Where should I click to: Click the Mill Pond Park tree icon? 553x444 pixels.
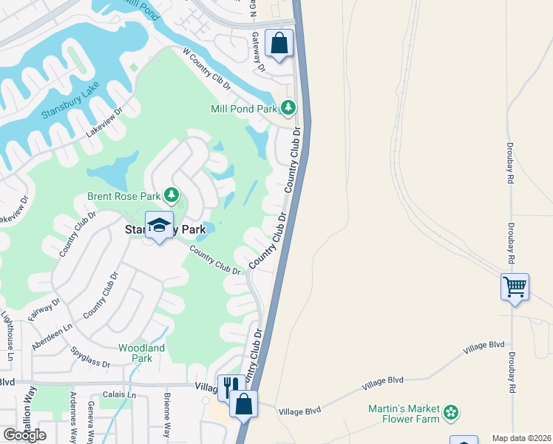[x=288, y=109]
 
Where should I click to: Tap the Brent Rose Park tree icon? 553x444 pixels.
[x=172, y=195]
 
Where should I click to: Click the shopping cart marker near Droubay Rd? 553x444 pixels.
[x=515, y=286]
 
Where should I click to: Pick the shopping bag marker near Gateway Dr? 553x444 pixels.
[x=279, y=43]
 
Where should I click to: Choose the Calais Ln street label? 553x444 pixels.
[x=119, y=396]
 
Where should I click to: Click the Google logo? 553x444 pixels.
[x=24, y=435]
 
